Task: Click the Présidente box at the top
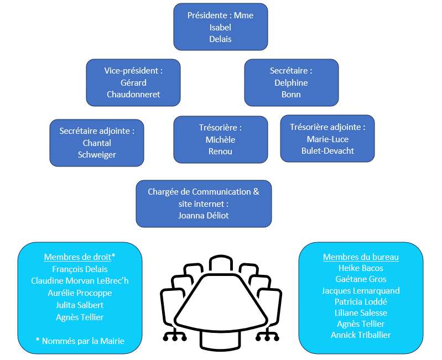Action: [220, 27]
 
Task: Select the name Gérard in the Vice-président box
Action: [133, 83]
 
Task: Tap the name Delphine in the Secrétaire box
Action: [291, 83]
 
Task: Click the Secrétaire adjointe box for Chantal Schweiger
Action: [97, 143]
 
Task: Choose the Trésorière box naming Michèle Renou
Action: [220, 139]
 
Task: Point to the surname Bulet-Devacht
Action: [327, 150]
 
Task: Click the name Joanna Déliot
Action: [204, 215]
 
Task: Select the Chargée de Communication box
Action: [204, 204]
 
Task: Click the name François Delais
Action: [80, 269]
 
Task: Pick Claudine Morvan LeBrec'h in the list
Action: [80, 281]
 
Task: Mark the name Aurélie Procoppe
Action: [80, 293]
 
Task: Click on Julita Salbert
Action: [80, 305]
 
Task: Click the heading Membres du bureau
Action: [361, 257]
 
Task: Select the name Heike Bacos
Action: [361, 268]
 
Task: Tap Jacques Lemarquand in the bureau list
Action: [361, 290]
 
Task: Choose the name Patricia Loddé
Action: [361, 302]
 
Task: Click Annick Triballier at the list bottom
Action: [361, 335]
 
